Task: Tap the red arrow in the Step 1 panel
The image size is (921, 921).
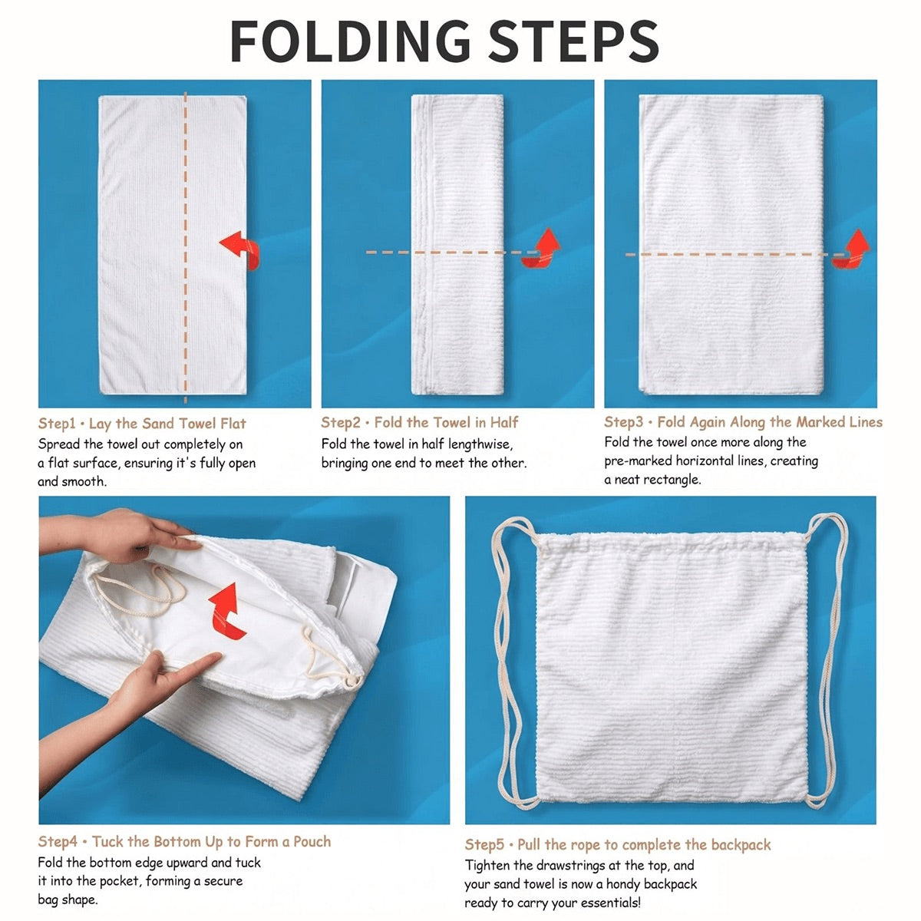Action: (x=240, y=249)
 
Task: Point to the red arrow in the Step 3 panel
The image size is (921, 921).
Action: (x=851, y=248)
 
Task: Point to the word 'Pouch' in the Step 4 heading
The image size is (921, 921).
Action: (x=312, y=842)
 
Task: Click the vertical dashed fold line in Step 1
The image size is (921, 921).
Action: (x=186, y=247)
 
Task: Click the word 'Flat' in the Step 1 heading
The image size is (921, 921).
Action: (x=233, y=424)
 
